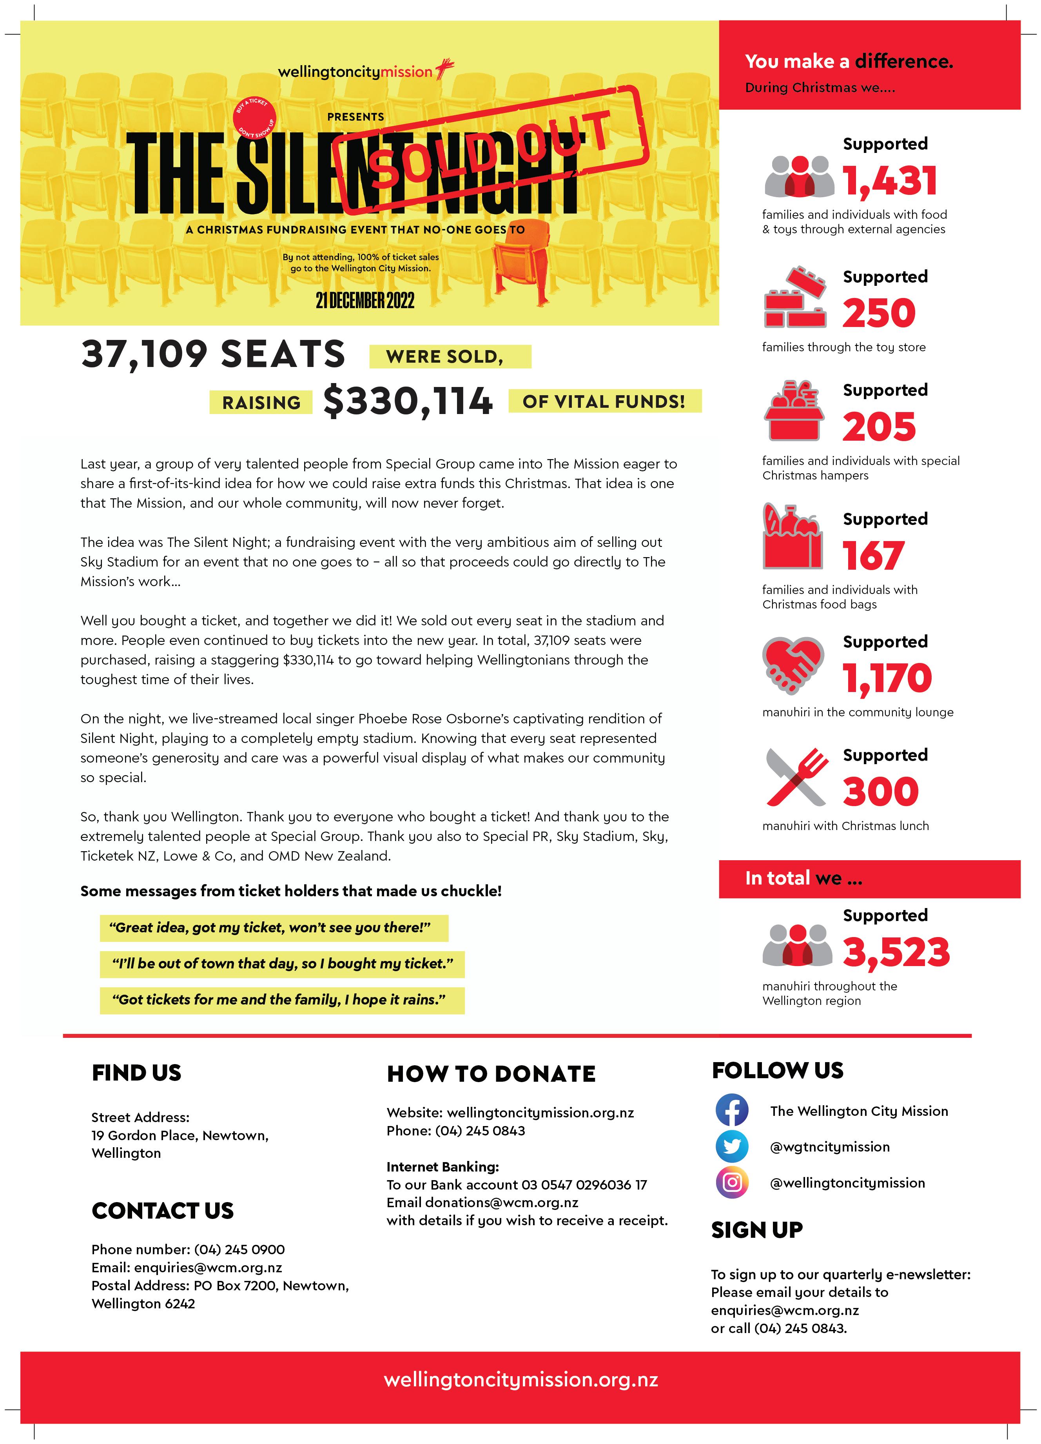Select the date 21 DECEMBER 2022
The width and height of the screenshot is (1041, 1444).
365,300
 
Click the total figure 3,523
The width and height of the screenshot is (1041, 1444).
896,952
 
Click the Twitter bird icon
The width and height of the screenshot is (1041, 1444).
732,1147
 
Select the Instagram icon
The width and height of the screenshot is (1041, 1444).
732,1183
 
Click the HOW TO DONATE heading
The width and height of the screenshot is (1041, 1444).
491,1074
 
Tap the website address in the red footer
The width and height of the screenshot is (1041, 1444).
520,1380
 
